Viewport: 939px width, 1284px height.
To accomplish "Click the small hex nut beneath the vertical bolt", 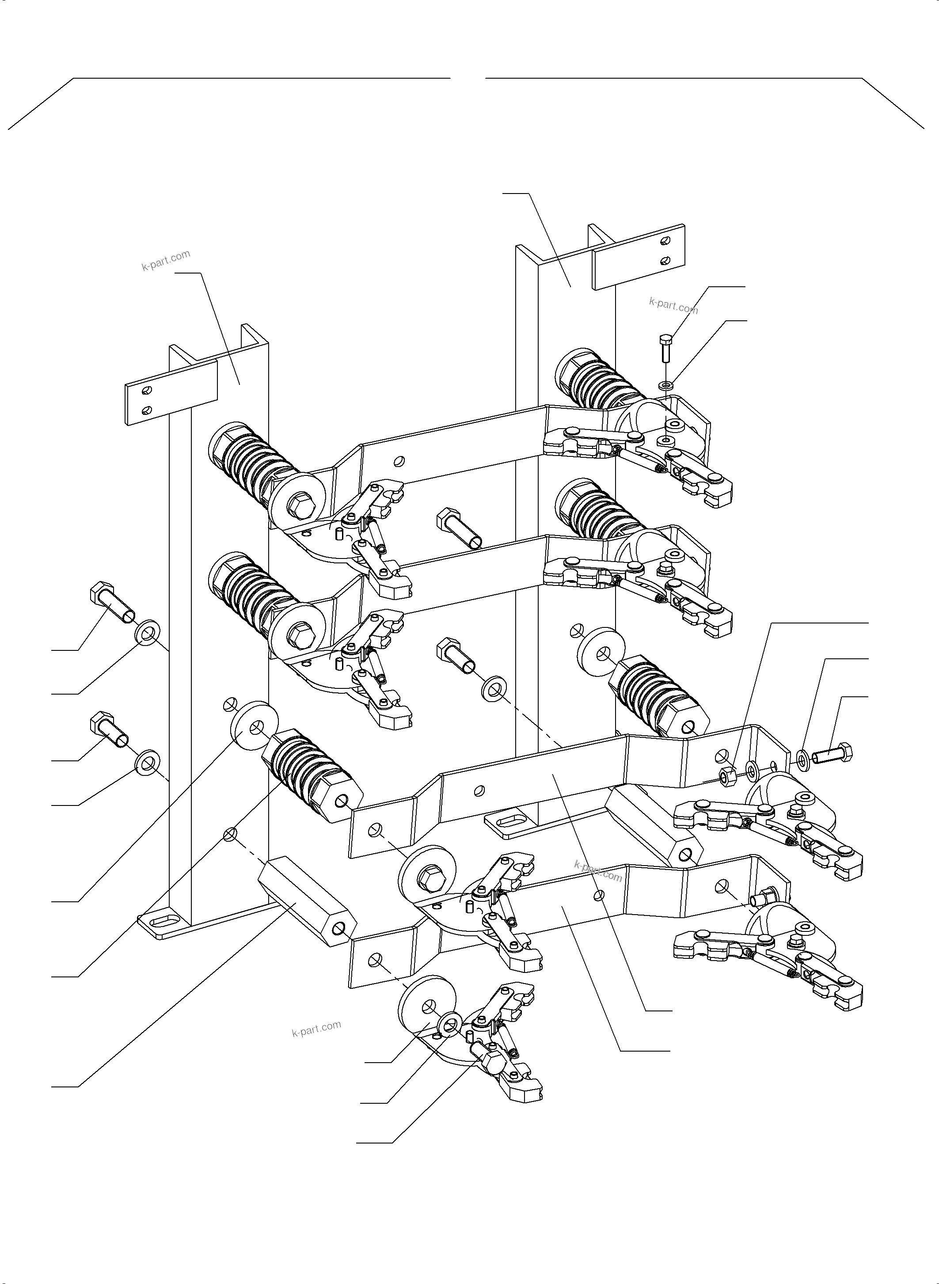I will point(666,385).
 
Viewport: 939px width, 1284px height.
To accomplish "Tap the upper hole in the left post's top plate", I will point(148,389).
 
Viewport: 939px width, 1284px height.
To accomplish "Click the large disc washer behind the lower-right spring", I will point(601,650).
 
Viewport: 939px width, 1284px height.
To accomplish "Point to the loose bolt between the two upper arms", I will point(459,528).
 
